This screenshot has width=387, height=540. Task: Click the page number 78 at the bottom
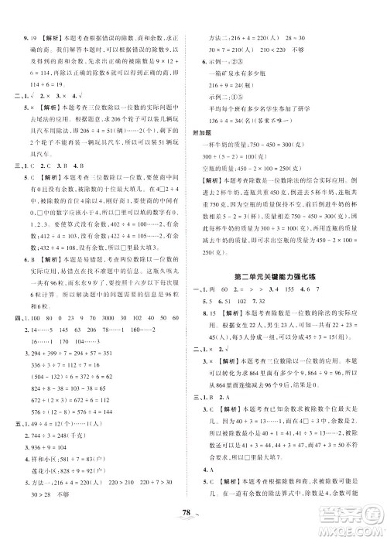point(193,517)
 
